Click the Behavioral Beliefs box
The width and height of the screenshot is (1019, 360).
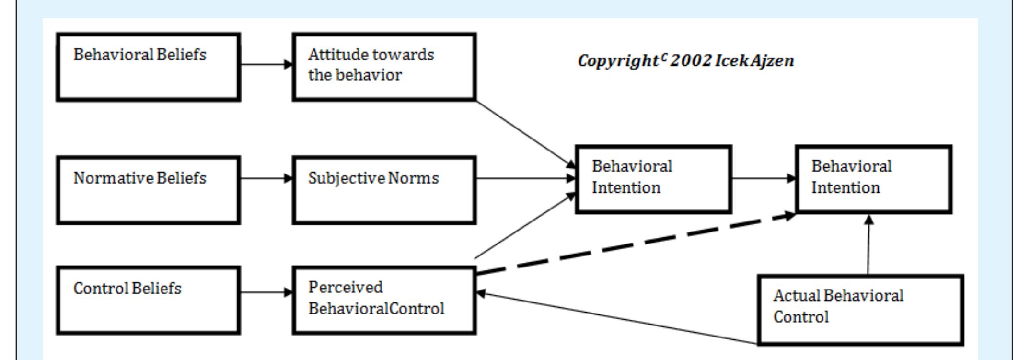(149, 67)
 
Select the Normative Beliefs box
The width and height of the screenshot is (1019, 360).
(149, 190)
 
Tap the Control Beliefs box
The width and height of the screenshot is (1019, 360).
(149, 301)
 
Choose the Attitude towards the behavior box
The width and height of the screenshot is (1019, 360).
(384, 67)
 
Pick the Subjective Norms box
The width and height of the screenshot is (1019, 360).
(384, 190)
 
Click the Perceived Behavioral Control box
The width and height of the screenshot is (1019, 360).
(384, 301)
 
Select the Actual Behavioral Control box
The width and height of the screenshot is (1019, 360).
(860, 310)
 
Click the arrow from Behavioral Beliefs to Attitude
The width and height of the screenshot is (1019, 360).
(266, 64)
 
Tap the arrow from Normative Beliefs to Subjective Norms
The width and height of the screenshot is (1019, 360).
(266, 178)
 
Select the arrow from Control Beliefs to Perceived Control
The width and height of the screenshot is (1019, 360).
(266, 292)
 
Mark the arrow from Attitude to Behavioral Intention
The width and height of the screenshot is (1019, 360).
(525, 133)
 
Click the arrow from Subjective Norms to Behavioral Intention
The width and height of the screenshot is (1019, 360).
(525, 178)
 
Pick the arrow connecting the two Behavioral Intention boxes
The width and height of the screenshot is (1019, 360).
(764, 178)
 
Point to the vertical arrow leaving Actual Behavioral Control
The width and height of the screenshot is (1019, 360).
(869, 244)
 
